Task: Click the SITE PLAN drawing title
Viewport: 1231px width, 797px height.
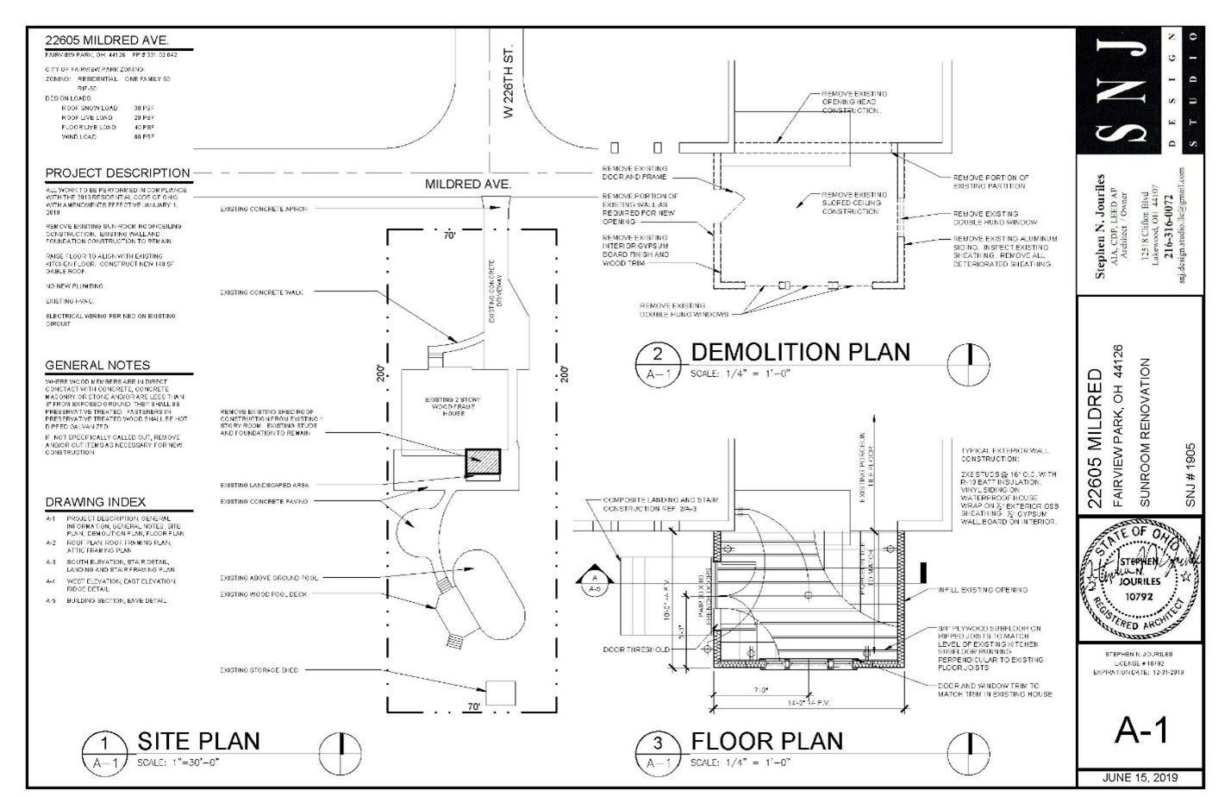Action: (x=198, y=740)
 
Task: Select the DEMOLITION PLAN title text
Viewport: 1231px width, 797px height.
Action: (x=800, y=352)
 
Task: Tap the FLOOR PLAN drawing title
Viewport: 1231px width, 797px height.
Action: (x=766, y=740)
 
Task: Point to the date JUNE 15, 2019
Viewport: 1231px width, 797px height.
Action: (x=1140, y=778)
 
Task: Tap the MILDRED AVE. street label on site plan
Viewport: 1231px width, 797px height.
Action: (x=468, y=185)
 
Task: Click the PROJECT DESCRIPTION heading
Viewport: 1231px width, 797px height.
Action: (x=117, y=173)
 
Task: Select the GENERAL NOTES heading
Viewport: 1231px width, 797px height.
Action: (x=97, y=365)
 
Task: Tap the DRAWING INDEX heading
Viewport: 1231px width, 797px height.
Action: (x=96, y=502)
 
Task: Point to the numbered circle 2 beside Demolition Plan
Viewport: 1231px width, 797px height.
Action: (x=658, y=354)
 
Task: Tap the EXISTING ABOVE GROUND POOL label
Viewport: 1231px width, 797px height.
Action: (x=269, y=578)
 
